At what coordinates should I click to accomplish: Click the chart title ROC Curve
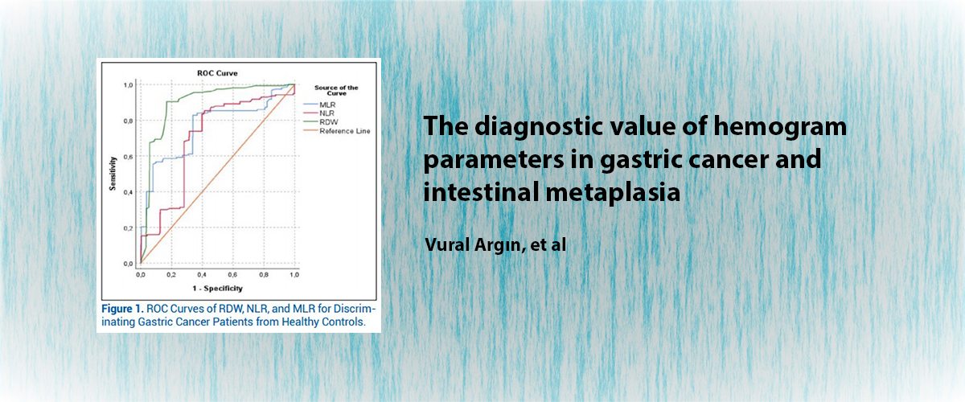click(217, 73)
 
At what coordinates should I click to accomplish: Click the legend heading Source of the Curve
click(336, 90)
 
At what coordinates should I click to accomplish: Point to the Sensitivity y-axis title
click(113, 174)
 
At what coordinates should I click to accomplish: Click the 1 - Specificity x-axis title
click(218, 289)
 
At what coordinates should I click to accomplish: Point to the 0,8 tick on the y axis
click(128, 121)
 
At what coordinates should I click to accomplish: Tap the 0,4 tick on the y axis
click(128, 193)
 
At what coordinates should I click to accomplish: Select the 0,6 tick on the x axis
click(232, 275)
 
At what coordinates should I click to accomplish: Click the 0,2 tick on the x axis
click(171, 275)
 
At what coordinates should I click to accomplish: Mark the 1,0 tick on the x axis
click(294, 275)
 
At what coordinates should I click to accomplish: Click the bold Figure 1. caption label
click(122, 309)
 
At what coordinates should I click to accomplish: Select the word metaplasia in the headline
click(613, 191)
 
